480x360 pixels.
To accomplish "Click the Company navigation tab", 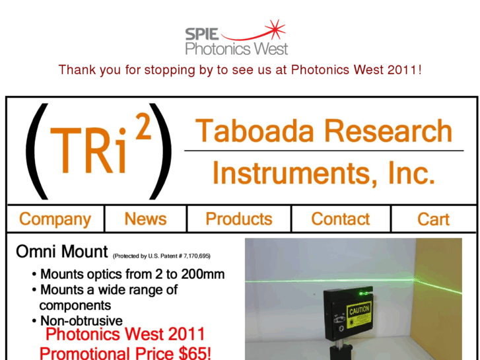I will (x=55, y=219).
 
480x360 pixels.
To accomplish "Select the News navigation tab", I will (x=145, y=219).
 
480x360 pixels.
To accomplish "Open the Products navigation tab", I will (x=239, y=219).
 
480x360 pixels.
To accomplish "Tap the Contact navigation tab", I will (x=341, y=219).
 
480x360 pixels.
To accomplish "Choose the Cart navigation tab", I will (x=433, y=219).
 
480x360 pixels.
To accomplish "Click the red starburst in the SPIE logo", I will (x=274, y=28).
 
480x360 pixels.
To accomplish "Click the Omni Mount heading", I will (x=61, y=252).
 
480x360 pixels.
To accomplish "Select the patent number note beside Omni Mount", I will (x=162, y=256).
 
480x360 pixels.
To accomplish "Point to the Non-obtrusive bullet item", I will (x=81, y=320).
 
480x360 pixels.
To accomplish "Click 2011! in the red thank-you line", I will (x=404, y=69).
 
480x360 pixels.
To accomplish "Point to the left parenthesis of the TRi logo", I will (x=36, y=151).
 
